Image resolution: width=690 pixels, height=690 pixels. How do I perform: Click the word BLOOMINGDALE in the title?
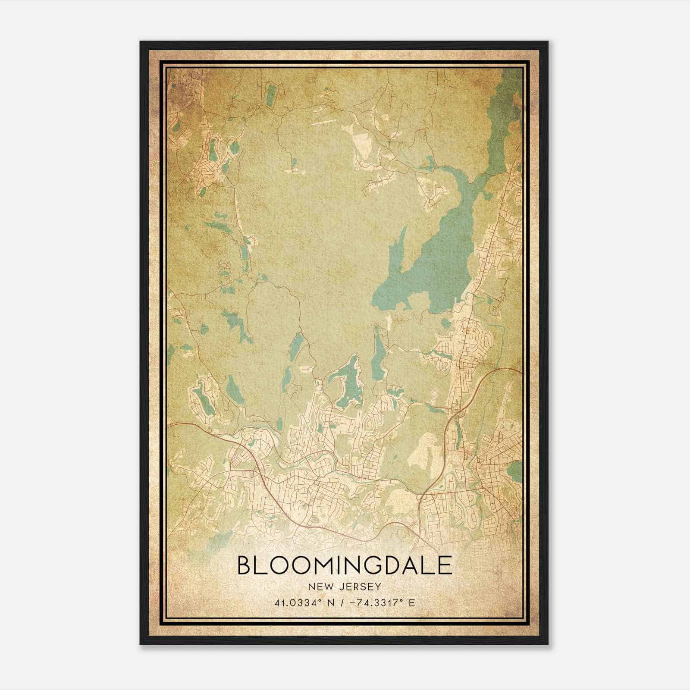coord(345,565)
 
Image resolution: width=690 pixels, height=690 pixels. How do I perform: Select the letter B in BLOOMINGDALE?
coord(245,565)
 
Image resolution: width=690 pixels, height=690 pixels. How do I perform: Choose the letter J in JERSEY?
coord(343,586)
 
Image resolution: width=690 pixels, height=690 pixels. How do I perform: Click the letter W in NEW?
coord(328,586)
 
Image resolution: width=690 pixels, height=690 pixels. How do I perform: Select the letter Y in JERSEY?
coord(378,586)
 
